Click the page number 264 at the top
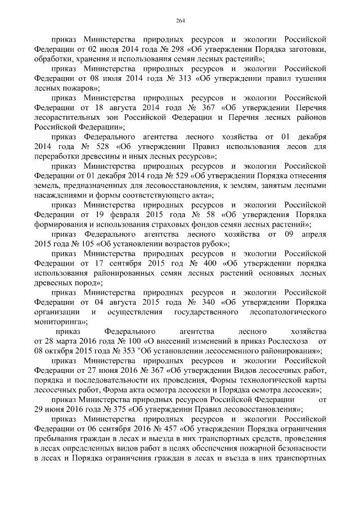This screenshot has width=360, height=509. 180,21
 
